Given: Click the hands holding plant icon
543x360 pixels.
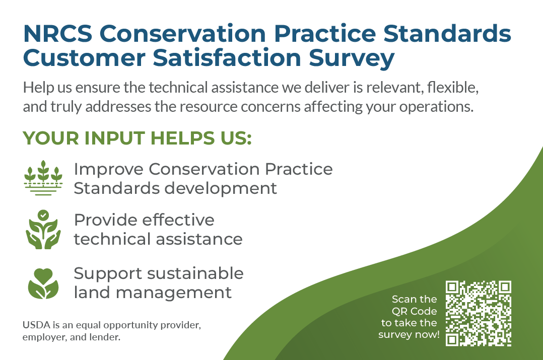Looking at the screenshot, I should [43, 230].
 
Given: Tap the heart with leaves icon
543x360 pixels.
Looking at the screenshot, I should [43, 283].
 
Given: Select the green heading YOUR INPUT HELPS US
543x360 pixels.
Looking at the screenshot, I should [137, 138].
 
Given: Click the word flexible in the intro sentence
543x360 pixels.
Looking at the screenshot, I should [452, 88].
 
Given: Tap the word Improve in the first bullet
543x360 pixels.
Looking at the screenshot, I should [108, 169].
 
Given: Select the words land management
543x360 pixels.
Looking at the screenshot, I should [153, 292].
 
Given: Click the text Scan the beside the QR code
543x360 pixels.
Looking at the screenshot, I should [414, 299].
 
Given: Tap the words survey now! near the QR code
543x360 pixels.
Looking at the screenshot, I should [409, 335].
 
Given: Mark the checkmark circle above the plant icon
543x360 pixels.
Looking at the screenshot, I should [44, 214].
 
